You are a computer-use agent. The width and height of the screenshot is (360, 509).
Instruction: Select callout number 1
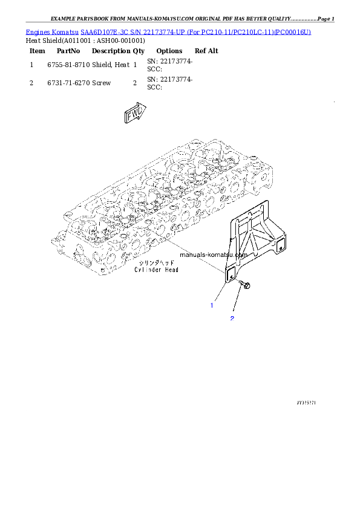pos(212,305)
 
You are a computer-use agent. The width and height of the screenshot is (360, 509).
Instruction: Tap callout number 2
pos(231,318)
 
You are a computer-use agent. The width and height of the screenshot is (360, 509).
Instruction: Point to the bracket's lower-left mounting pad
pos(230,275)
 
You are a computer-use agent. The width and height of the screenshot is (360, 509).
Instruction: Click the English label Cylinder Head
pos(156,270)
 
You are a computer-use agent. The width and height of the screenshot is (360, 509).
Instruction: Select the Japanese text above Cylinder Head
pos(156,263)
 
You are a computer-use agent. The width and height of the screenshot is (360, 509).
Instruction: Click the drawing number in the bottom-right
pos(307,401)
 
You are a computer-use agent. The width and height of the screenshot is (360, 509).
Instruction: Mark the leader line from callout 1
pos(220,293)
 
